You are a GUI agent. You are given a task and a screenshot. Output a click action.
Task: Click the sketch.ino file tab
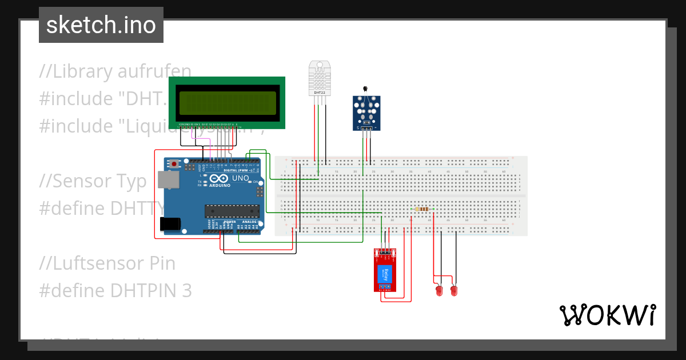click(101, 25)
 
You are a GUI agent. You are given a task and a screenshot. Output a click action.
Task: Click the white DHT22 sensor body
click(320, 78)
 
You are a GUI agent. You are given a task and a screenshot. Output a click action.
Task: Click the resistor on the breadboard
click(422, 209)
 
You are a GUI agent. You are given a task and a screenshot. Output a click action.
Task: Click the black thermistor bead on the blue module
click(365, 89)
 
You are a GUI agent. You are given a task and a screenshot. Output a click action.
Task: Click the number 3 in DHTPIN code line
click(186, 291)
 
